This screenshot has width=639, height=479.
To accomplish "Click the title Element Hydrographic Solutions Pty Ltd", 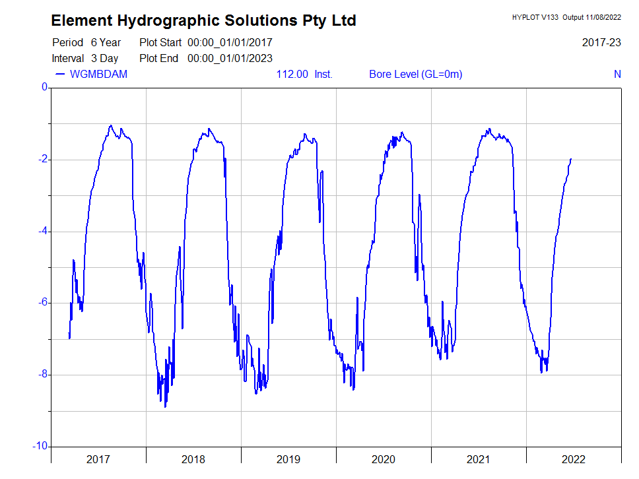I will point(203,20).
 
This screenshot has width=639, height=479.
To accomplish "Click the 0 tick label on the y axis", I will point(44,87).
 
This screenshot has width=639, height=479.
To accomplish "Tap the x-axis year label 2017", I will point(98,459).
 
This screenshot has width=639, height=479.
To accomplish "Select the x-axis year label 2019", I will point(288,459).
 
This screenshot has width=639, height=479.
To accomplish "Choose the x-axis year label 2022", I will point(573,459).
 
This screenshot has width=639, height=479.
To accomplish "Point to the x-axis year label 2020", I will point(384,459).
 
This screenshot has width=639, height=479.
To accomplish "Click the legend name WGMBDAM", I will point(98,74).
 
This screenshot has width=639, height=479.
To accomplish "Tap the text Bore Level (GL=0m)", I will point(415,74).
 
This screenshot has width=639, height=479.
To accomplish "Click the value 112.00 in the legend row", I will point(292,74).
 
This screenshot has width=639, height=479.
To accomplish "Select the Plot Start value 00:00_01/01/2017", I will point(230,42).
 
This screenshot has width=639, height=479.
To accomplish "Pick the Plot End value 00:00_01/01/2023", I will point(230,58).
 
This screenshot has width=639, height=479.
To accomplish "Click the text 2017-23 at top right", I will point(601,42).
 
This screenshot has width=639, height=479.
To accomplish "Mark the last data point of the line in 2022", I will point(571,159).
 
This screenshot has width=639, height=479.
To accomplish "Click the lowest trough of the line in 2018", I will point(165,406).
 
